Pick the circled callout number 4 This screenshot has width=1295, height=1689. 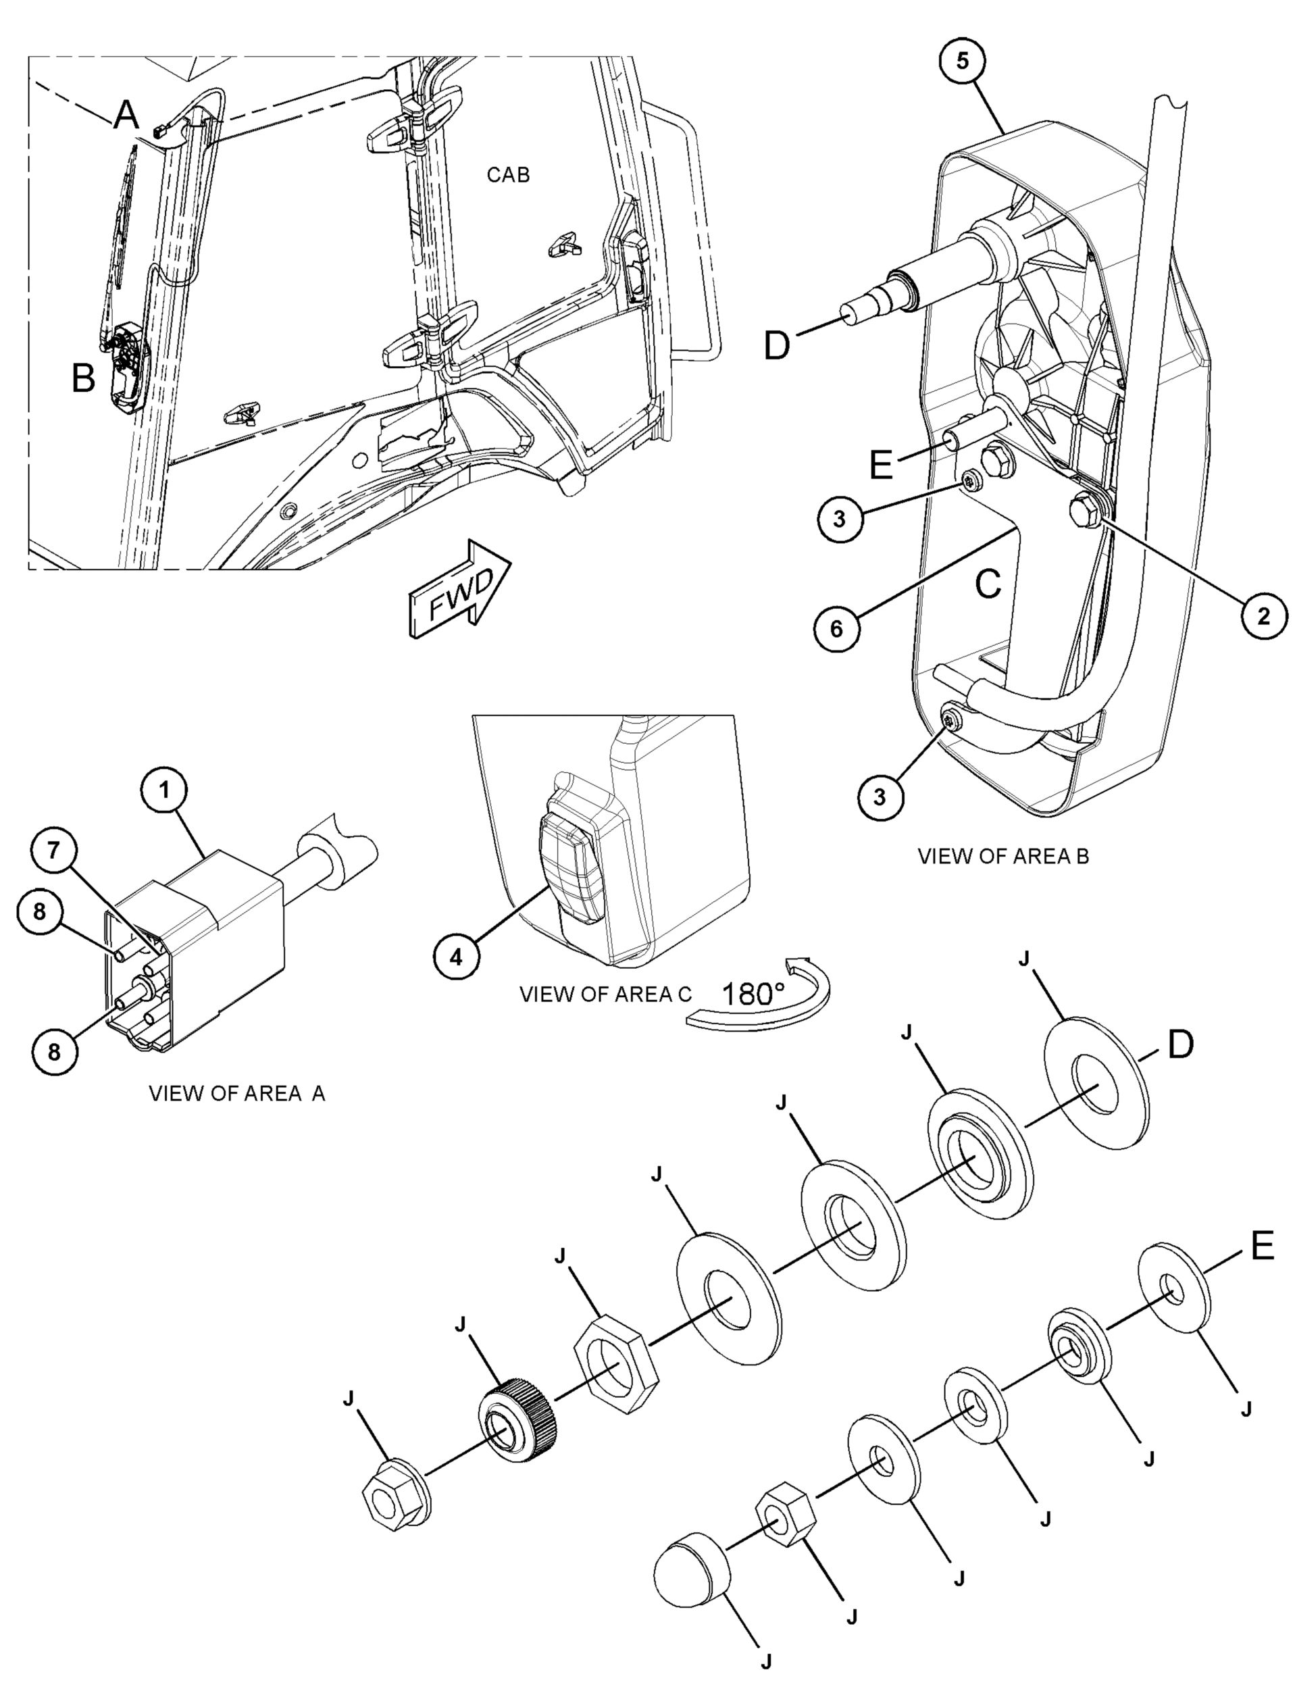point(457,957)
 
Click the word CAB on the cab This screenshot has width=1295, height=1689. point(508,175)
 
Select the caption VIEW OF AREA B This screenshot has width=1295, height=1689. point(1003,856)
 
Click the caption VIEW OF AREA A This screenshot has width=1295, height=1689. point(236,1093)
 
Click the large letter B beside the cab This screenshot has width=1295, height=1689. point(83,378)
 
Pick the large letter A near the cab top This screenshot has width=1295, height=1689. point(126,116)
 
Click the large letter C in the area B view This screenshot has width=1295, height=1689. point(988,585)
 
